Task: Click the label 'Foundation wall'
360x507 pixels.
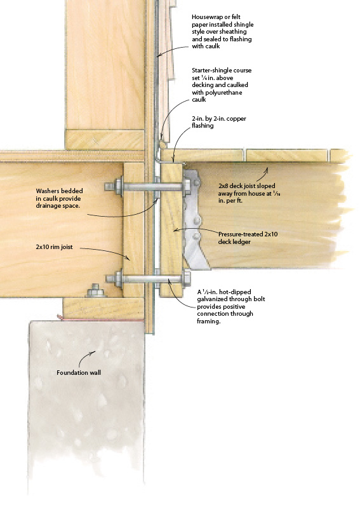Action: tap(79, 372)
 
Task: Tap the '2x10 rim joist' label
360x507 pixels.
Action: tap(55, 247)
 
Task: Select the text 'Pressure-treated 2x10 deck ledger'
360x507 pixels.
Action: tap(248, 238)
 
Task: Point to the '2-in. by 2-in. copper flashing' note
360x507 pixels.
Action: tap(219, 122)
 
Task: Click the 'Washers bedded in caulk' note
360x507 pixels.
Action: tap(59, 198)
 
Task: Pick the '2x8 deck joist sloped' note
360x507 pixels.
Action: tap(246, 193)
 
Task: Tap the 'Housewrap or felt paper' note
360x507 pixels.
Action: tap(223, 31)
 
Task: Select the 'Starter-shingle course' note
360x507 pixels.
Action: tap(222, 84)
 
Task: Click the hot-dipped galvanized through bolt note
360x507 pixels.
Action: tap(230, 306)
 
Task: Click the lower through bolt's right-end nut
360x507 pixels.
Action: tap(187, 279)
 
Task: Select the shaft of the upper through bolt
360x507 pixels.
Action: tap(152, 187)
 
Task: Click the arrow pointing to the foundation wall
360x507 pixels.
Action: tap(86, 356)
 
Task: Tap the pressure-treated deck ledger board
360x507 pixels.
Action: tap(171, 229)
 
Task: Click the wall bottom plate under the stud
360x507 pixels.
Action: tap(105, 139)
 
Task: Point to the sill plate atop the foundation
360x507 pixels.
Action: tap(103, 308)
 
